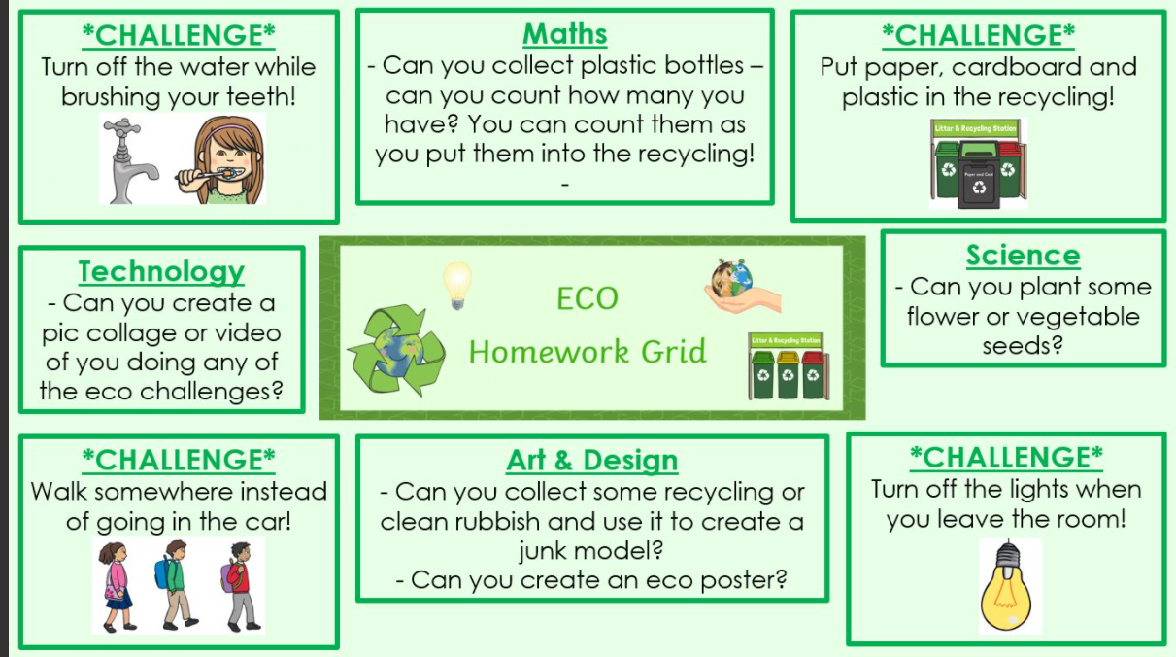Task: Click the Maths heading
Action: click(x=565, y=34)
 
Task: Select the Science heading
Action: click(x=1024, y=256)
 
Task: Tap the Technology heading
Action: click(x=161, y=272)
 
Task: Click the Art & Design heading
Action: click(x=591, y=461)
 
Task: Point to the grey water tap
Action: click(x=128, y=160)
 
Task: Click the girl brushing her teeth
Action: click(x=220, y=159)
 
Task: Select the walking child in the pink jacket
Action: click(x=117, y=586)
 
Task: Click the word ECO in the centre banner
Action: click(x=588, y=298)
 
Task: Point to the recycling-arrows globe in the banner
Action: click(x=397, y=351)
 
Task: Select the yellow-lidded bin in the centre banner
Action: click(x=788, y=375)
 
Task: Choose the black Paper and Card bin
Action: click(x=979, y=175)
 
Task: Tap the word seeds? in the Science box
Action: click(x=1023, y=346)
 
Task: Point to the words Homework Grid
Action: click(x=588, y=352)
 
